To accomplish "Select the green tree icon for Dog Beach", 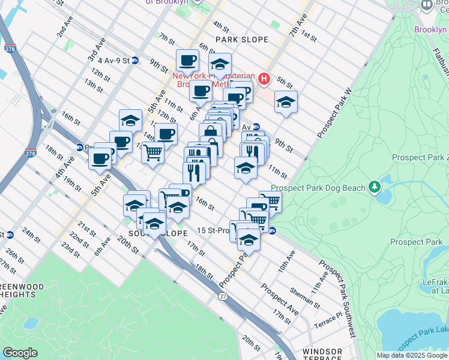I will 375,188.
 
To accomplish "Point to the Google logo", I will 20,352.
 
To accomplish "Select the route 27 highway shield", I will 223,297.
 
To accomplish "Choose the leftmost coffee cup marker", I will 100,158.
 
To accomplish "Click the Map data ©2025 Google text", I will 411,355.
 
